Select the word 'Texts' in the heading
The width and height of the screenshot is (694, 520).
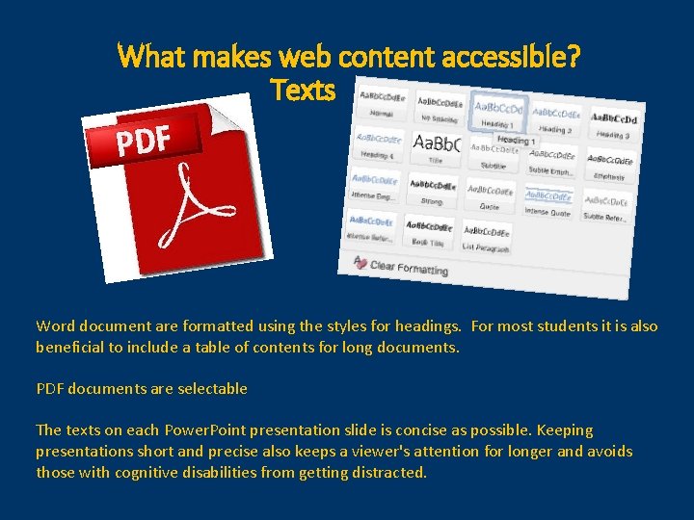(x=303, y=91)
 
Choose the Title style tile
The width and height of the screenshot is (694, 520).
(x=438, y=149)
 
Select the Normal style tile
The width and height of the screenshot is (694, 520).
(x=382, y=104)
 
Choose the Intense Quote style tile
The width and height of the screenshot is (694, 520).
(x=547, y=203)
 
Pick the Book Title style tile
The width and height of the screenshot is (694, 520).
(x=429, y=231)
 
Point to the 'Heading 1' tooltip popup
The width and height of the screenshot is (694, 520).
(x=517, y=141)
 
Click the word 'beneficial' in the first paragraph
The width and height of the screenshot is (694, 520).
(x=72, y=347)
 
